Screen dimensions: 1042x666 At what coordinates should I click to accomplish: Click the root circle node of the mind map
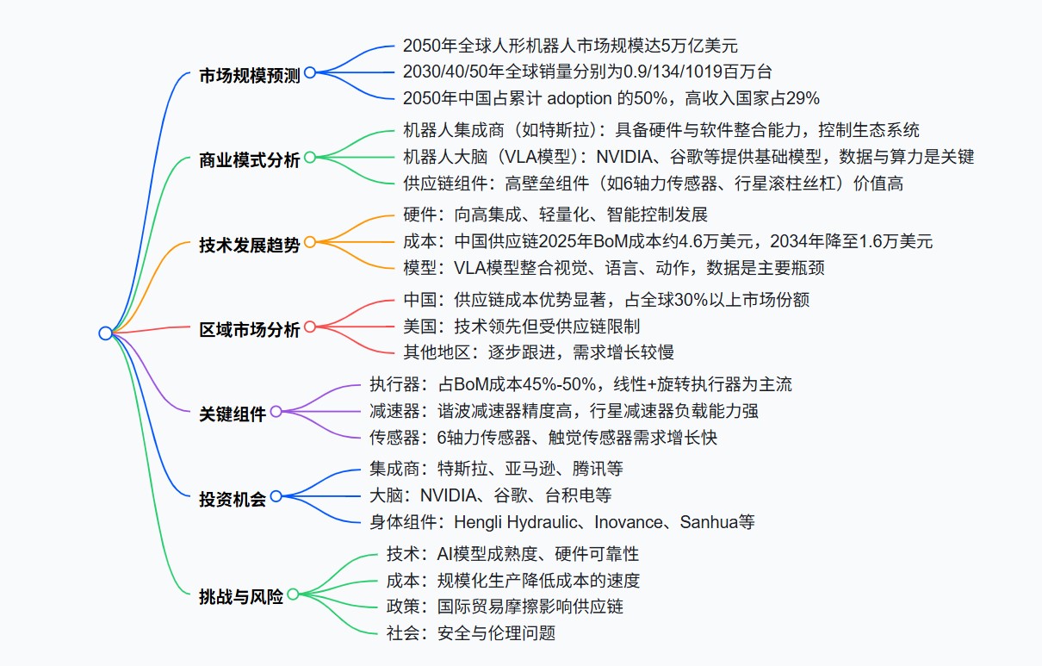(x=106, y=333)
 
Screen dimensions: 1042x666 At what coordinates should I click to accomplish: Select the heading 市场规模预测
(x=250, y=75)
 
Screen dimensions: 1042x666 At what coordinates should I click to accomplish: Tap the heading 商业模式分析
(x=250, y=159)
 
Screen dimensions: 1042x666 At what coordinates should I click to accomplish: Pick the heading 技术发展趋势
(x=250, y=245)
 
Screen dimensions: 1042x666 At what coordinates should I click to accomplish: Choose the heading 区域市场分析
(x=250, y=329)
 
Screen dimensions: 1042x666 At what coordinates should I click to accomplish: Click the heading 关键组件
(x=233, y=414)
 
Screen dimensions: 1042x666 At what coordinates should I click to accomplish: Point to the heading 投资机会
(x=233, y=499)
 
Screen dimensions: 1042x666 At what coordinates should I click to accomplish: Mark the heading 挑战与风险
(x=241, y=597)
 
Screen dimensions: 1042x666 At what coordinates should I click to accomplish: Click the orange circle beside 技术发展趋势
(x=310, y=242)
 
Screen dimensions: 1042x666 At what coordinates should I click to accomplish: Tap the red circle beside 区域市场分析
(x=310, y=327)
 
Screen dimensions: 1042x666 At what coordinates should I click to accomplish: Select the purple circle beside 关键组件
(x=276, y=412)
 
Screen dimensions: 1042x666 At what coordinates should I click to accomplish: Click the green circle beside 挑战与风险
(x=293, y=594)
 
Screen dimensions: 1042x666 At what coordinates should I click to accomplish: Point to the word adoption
(x=580, y=99)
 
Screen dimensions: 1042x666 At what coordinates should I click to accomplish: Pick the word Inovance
(x=629, y=522)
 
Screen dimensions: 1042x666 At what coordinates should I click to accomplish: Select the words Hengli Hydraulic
(x=516, y=523)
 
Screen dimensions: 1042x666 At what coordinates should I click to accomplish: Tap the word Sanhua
(x=709, y=522)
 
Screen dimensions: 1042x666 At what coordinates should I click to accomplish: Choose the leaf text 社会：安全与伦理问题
(x=471, y=633)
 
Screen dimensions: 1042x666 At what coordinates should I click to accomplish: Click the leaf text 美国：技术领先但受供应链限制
(x=522, y=327)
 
